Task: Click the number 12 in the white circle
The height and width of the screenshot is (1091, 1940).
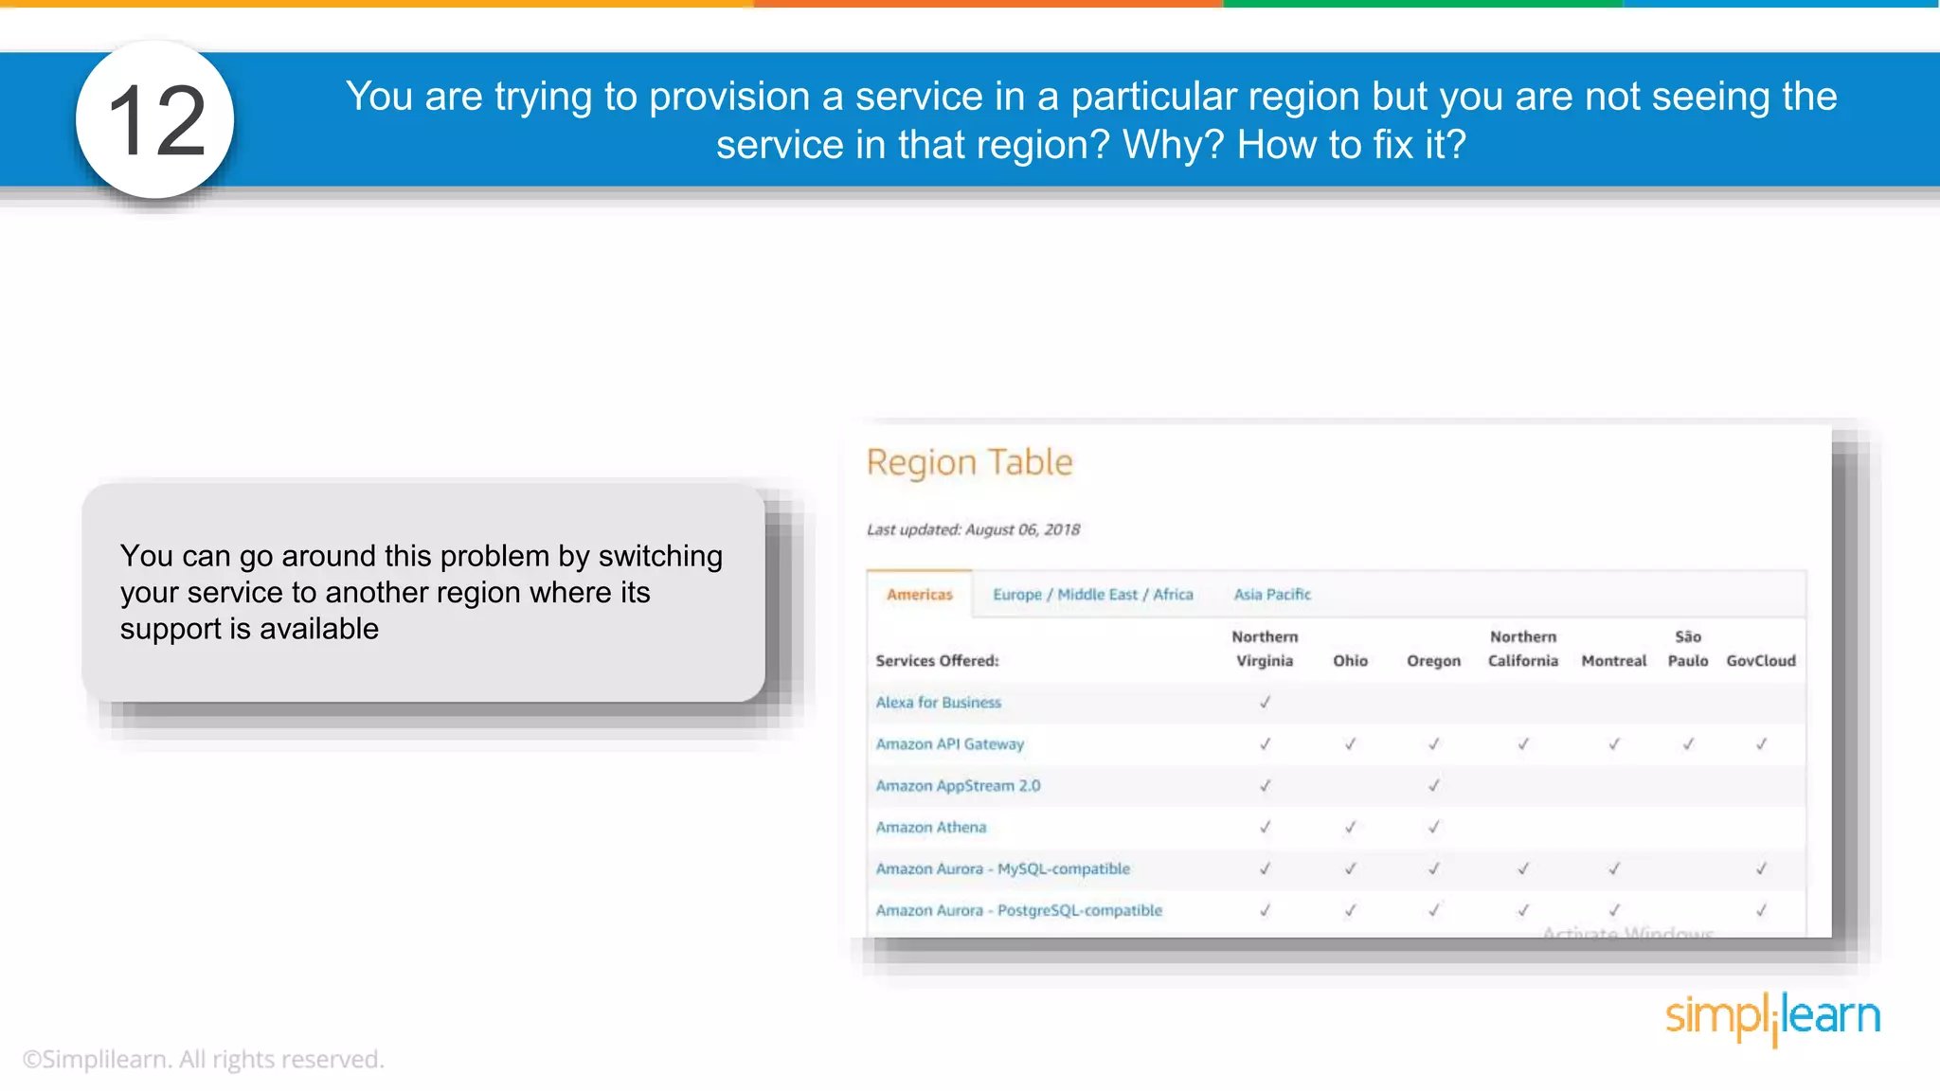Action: [x=156, y=120]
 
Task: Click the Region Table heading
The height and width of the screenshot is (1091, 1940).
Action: [x=969, y=462]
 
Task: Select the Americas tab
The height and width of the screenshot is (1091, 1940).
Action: [x=919, y=595]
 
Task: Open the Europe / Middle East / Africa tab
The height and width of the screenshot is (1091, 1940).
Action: [x=1092, y=595]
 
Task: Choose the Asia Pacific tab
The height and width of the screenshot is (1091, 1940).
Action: [x=1271, y=595]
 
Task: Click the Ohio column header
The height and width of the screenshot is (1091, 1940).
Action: [x=1350, y=661]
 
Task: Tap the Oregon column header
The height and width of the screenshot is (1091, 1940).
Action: [x=1433, y=661]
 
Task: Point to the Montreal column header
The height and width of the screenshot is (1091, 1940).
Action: [x=1613, y=661]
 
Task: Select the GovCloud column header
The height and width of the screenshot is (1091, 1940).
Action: [x=1760, y=661]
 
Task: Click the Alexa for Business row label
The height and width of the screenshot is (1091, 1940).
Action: [x=938, y=703]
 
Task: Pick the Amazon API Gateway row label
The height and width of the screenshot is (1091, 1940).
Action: [x=949, y=744]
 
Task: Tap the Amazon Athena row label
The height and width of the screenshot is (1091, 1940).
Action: [x=930, y=828]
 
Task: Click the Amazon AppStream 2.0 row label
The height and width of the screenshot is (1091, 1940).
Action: [x=958, y=786]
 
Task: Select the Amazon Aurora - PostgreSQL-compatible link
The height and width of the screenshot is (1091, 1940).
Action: [x=1018, y=911]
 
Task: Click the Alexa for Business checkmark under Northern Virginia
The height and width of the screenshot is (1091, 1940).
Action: [x=1265, y=703]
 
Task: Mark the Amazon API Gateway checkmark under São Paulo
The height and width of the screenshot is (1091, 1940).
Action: [x=1688, y=744]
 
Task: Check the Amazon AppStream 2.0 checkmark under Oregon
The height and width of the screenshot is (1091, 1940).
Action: [x=1434, y=786]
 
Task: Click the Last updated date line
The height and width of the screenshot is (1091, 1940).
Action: [x=973, y=530]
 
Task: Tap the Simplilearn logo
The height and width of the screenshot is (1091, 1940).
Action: [x=1772, y=1018]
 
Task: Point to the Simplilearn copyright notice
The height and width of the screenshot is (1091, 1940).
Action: [x=204, y=1060]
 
